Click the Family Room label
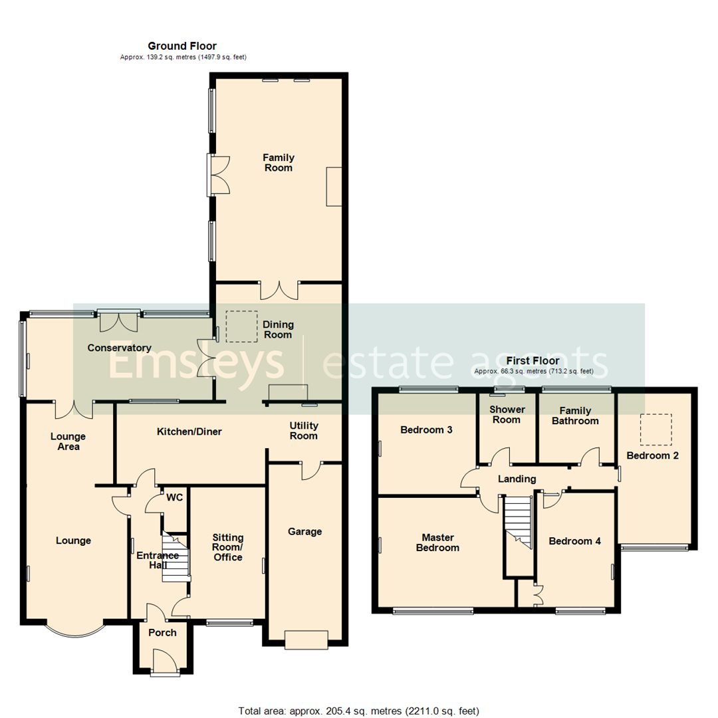[x=278, y=163]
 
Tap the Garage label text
[x=304, y=531]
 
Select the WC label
[x=174, y=497]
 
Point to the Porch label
[x=162, y=632]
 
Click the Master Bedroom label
[x=440, y=542]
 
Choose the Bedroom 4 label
[x=574, y=541]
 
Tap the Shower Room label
[x=507, y=414]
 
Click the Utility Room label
[x=304, y=430]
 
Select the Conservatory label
[x=120, y=348]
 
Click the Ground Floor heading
[x=181, y=46]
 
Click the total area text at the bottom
[x=358, y=711]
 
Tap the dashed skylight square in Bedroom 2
[x=656, y=429]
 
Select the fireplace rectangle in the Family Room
[x=333, y=187]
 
